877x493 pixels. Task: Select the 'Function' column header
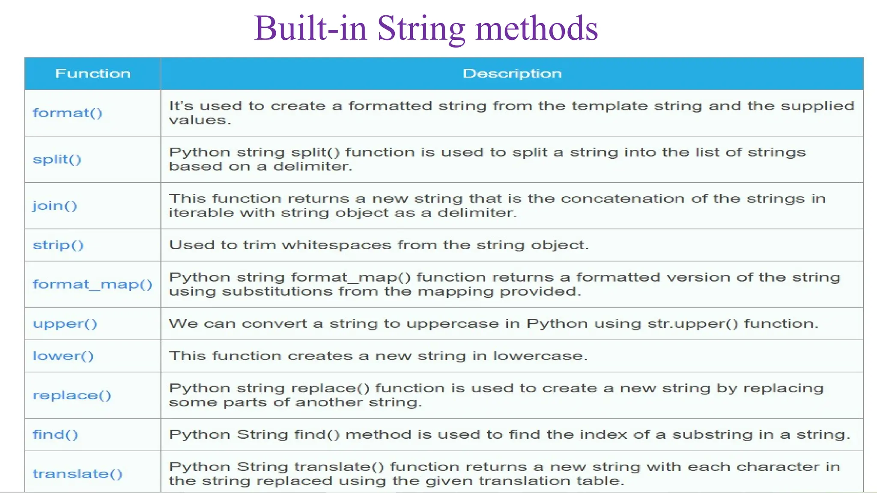[x=92, y=74]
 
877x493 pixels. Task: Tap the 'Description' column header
[x=512, y=74]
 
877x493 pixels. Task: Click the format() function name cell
[x=68, y=113]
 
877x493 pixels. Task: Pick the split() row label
[x=57, y=159]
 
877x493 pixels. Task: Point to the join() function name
[x=55, y=206]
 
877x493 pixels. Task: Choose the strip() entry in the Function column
[x=58, y=245]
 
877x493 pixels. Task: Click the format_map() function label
[x=92, y=285]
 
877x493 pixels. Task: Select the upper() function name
[x=65, y=324]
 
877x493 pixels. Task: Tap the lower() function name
[x=63, y=356]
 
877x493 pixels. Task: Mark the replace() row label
[x=72, y=395]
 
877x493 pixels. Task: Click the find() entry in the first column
[x=55, y=435]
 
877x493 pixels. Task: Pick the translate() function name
[x=78, y=474]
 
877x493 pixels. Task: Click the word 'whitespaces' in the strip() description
[x=336, y=245]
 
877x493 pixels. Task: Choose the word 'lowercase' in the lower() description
[x=540, y=356]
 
